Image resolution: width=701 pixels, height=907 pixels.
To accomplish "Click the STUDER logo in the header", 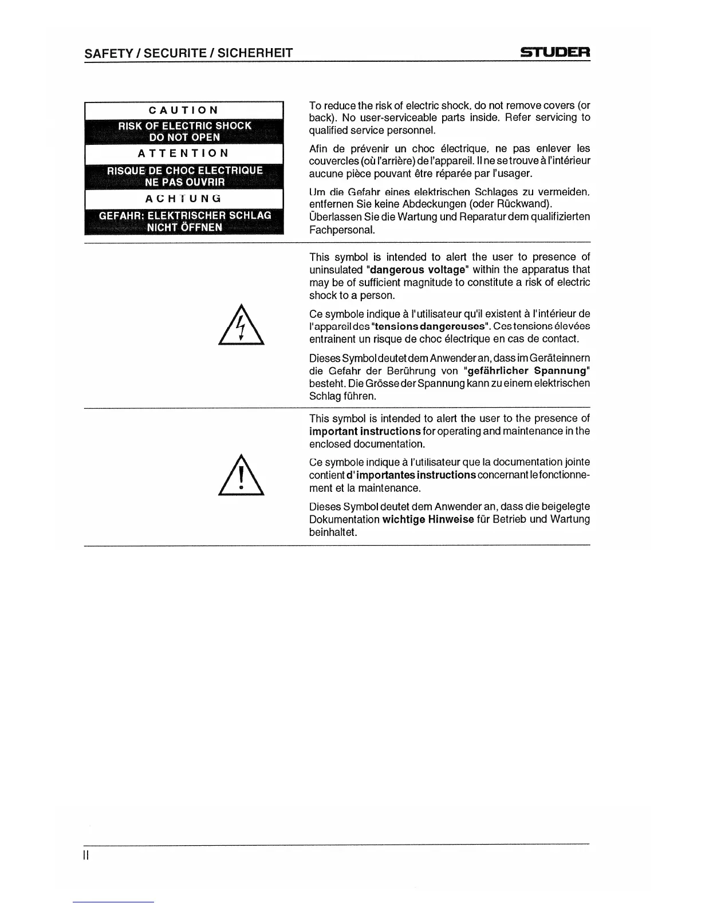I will pos(555,53).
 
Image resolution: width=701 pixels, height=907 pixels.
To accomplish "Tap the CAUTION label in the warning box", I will pos(184,110).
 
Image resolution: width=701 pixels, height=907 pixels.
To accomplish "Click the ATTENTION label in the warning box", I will pos(184,153).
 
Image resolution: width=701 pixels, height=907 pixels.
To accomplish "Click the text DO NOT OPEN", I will pos(184,137).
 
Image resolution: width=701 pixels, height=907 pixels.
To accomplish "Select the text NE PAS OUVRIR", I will pos(184,182).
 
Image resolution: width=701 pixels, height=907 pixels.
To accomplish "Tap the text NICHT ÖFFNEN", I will pos(184,227).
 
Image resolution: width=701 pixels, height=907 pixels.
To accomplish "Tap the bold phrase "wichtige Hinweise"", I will pos(428,519).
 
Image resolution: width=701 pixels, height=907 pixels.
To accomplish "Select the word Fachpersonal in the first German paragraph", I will pos(342,230).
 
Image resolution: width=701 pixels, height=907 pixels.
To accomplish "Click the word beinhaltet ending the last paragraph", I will pos(333,533).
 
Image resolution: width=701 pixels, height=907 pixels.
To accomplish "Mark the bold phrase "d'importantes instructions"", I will pos(411,475).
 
